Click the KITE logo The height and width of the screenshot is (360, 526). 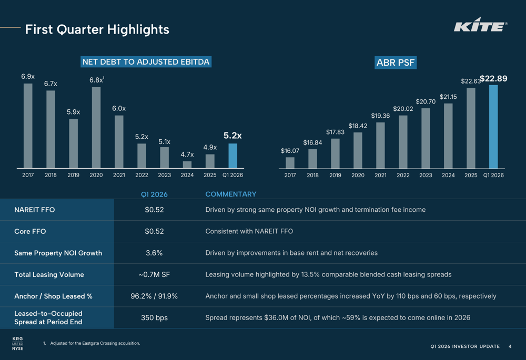click(480, 27)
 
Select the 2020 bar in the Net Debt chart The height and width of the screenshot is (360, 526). click(96, 127)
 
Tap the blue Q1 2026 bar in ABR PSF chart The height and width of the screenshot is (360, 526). click(493, 127)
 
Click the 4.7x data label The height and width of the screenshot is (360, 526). click(187, 155)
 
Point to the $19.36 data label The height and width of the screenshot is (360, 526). click(380, 116)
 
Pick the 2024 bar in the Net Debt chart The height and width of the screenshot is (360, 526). click(187, 164)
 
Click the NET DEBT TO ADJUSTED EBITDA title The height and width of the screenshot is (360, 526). click(146, 62)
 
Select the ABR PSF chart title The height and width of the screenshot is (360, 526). click(395, 63)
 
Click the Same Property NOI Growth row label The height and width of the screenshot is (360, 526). click(58, 253)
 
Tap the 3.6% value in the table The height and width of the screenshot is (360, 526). click(154, 253)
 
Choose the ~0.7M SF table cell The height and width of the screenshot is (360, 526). click(154, 274)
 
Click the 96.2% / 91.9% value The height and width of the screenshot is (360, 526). click(154, 296)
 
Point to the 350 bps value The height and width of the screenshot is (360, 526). click(154, 317)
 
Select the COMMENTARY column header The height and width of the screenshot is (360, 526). click(230, 194)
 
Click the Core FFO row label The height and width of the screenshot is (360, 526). click(30, 231)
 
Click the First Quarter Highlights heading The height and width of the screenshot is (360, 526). click(97, 29)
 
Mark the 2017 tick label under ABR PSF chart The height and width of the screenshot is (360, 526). click(290, 175)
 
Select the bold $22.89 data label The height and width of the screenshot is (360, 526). click(493, 79)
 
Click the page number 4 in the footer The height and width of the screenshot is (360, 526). click(510, 346)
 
